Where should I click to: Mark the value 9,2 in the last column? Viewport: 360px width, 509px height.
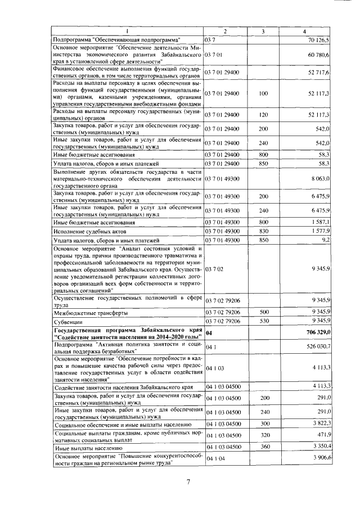[x=325, y=240]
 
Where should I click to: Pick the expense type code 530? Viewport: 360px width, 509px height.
[x=263, y=321]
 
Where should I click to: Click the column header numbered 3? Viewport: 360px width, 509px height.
[x=263, y=30]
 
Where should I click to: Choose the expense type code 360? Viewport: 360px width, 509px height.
[x=263, y=447]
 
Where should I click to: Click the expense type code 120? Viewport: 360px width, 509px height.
[x=263, y=115]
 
